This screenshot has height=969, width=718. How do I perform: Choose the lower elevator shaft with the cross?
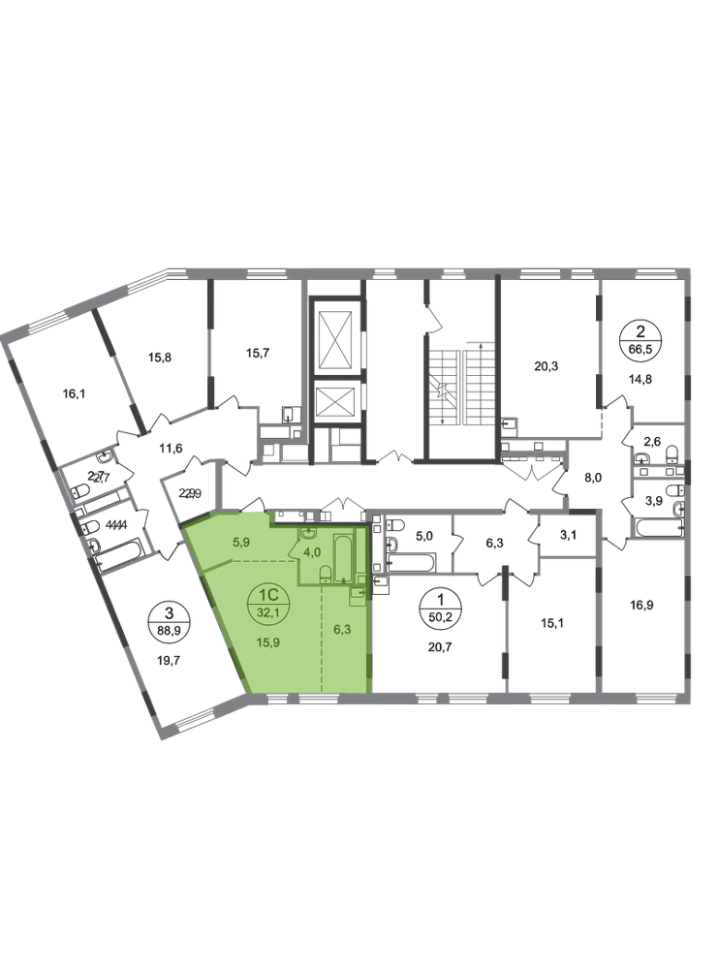334,398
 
